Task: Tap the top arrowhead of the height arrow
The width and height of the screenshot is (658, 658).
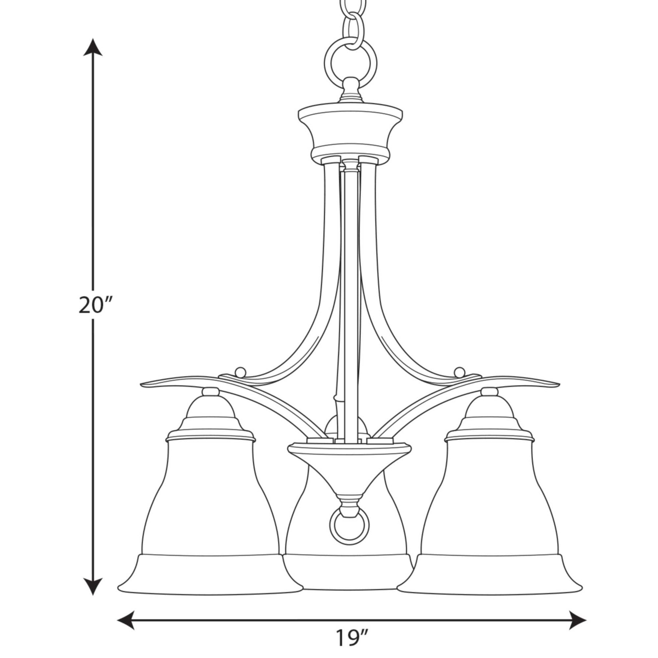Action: (x=93, y=47)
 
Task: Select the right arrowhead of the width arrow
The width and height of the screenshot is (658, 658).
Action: (x=577, y=620)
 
